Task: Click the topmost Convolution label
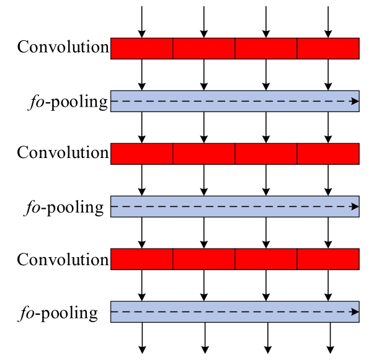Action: point(63,46)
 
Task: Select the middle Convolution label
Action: point(63,152)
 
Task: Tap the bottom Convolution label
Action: point(63,259)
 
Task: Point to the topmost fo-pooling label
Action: point(68,102)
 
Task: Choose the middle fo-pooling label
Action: point(64,208)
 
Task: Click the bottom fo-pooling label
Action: point(58,313)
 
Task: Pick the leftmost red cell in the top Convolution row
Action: point(141,48)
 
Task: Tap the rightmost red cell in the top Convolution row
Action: point(328,48)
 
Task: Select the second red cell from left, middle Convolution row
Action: point(204,154)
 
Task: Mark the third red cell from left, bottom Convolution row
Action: point(266,259)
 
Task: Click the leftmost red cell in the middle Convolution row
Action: point(141,154)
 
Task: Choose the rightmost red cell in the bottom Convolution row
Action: point(328,259)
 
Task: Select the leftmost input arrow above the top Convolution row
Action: point(142,22)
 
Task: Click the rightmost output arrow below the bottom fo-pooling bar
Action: point(330,338)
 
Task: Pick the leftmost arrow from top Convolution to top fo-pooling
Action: point(142,75)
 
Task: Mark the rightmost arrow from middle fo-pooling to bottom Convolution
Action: point(328,233)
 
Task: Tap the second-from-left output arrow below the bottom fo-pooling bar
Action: point(205,338)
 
